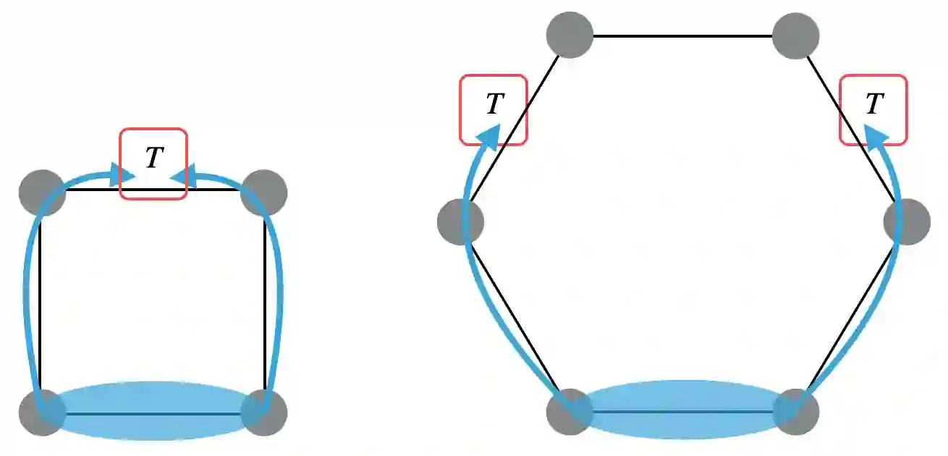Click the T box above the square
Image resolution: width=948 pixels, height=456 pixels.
click(x=153, y=163)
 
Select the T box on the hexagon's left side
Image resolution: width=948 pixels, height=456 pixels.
click(x=494, y=109)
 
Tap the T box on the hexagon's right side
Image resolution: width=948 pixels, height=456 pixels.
click(x=873, y=109)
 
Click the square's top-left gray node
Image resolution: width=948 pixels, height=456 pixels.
click(x=42, y=193)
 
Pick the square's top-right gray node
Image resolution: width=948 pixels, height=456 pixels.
click(x=264, y=193)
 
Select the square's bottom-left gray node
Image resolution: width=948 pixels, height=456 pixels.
click(x=42, y=413)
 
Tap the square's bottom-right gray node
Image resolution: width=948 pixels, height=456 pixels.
click(x=264, y=413)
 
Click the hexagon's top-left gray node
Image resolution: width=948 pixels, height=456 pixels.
click(x=570, y=34)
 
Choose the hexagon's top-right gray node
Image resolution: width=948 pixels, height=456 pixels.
click(x=796, y=34)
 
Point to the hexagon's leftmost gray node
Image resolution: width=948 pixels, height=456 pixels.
click(x=460, y=221)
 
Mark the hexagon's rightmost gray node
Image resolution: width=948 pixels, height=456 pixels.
click(x=907, y=221)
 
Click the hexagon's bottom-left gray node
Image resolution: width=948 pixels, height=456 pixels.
click(x=570, y=412)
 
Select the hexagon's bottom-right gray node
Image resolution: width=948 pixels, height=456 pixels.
click(x=796, y=412)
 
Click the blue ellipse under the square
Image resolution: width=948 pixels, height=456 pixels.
click(x=153, y=410)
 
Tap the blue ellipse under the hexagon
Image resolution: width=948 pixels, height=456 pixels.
click(x=683, y=409)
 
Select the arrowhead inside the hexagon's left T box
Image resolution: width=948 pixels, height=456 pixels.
click(x=492, y=135)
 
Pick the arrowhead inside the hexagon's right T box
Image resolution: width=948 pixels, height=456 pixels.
click(x=876, y=135)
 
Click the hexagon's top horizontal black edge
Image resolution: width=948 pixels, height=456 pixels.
click(x=683, y=35)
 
